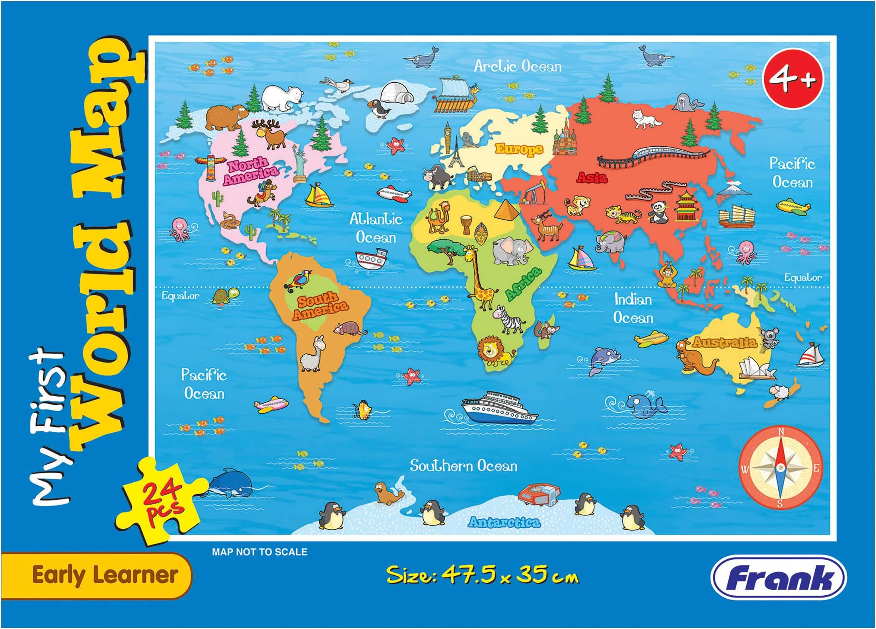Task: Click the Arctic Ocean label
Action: click(517, 67)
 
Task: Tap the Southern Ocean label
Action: click(463, 466)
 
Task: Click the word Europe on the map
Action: click(519, 148)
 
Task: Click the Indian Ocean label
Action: click(633, 308)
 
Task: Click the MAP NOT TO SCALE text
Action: click(260, 552)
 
